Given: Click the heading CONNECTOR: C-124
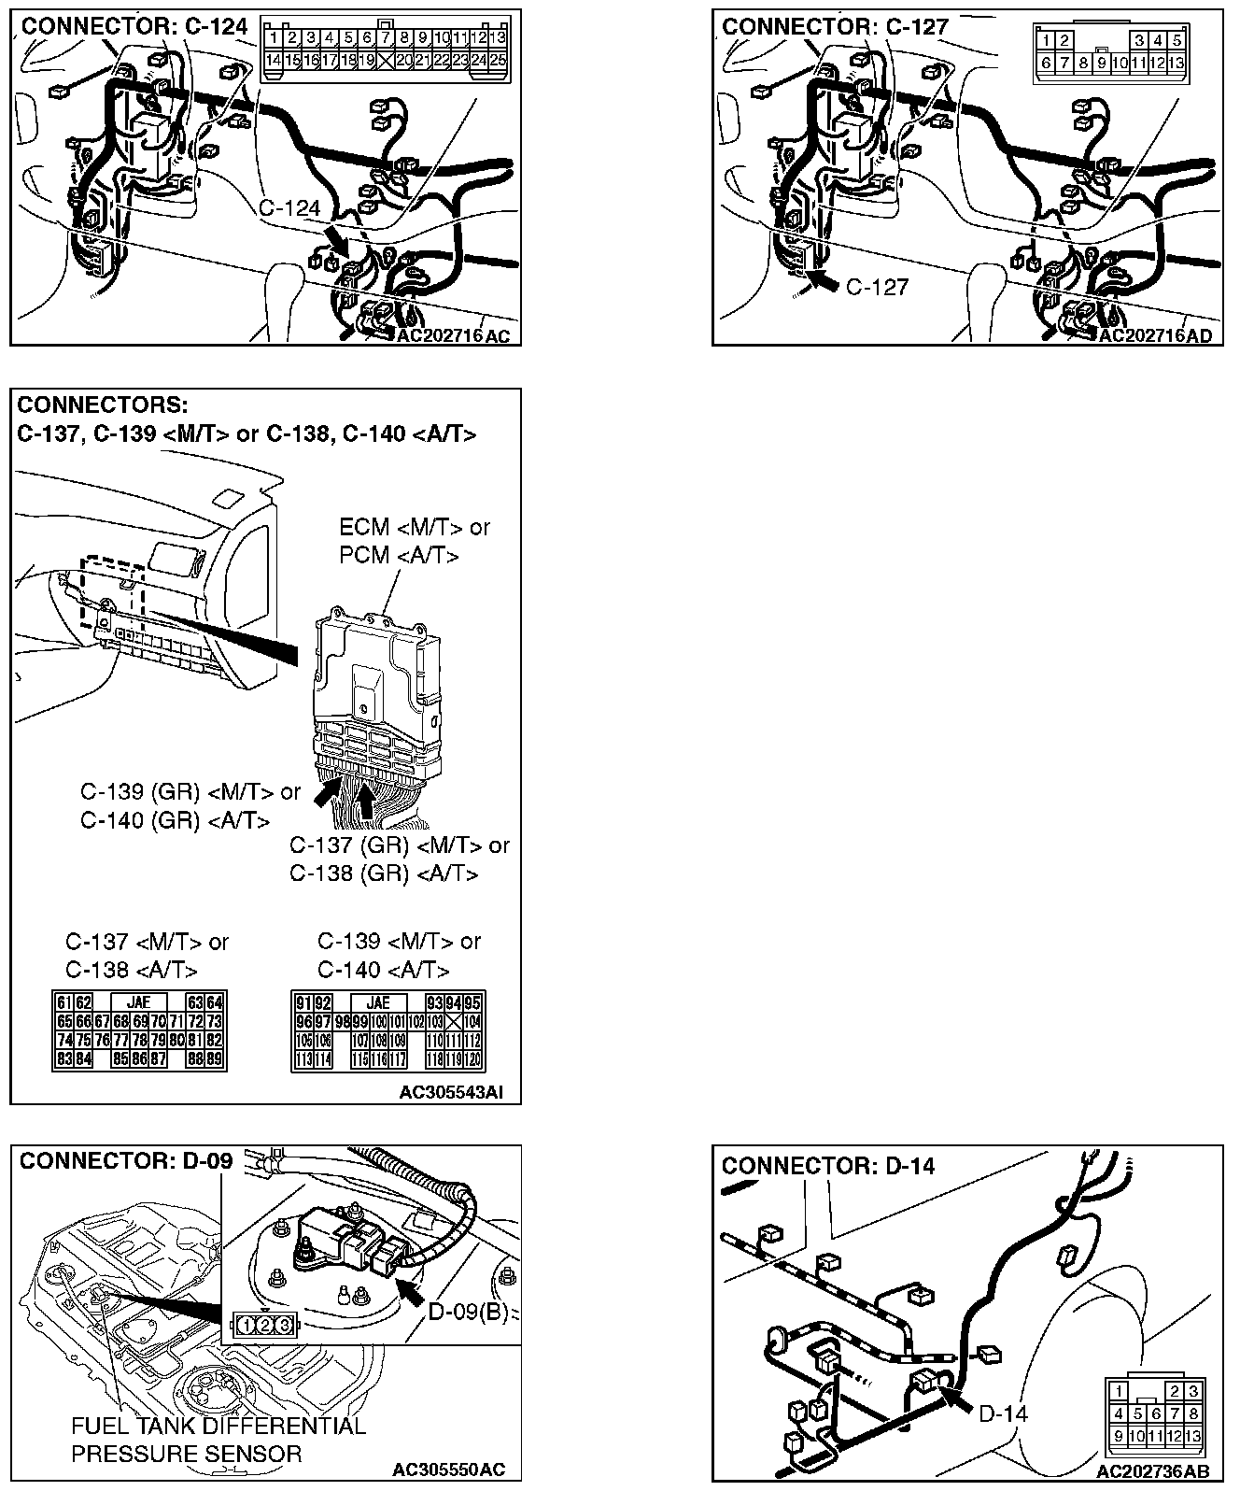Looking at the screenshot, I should pos(134,26).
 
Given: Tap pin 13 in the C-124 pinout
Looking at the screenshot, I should pos(498,38).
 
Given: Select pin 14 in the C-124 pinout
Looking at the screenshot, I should pos(274,60).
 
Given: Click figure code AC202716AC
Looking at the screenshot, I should pos(454,336).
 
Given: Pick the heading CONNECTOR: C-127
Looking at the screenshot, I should pos(835,26).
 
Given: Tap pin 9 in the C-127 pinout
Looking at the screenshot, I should pos(1102,64).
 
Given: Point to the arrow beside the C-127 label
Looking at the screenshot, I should pos(824,280).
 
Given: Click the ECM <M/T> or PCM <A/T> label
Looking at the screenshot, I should pos(414,541).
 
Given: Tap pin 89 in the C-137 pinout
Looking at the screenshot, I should pos(214,1059).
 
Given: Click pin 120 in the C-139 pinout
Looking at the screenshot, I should pos(472,1059).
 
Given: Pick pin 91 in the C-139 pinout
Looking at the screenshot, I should pos(303,1003).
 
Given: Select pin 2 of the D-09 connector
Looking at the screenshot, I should pos(263,1324).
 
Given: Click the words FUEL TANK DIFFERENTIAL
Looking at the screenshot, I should pos(218,1427).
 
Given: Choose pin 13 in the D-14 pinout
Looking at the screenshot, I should pos(1191,1437).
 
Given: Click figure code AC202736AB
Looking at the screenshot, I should pos(1157,1472).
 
